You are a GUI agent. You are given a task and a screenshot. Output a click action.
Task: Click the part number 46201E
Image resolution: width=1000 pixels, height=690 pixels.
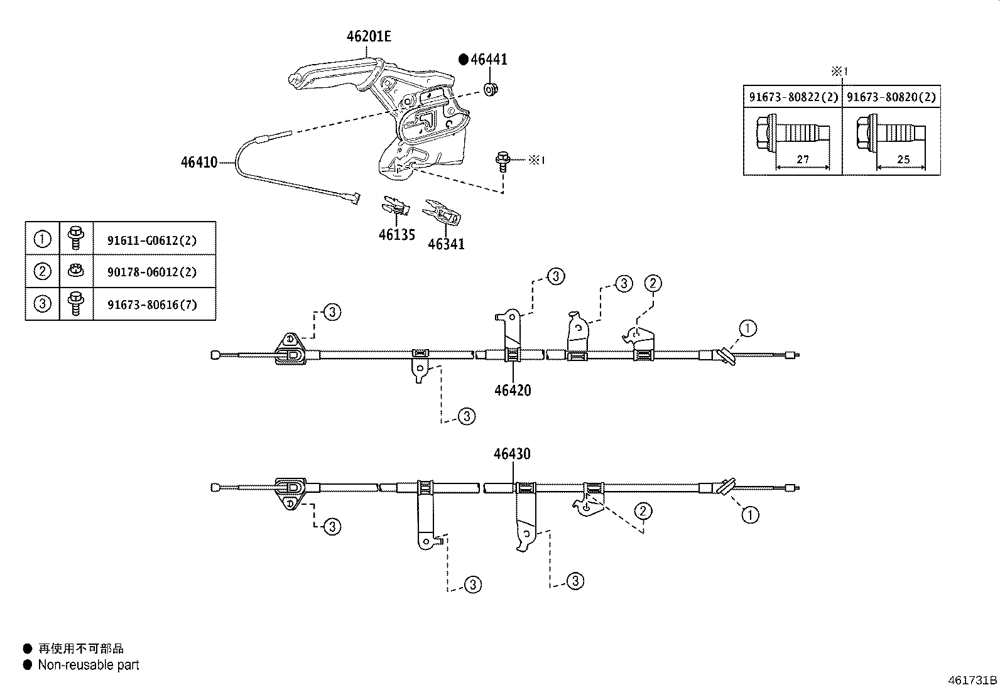(x=369, y=36)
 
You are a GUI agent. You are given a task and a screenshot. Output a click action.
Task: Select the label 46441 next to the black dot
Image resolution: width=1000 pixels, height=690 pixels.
(x=489, y=60)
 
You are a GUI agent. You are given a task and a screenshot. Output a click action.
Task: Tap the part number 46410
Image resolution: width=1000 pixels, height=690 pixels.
(x=199, y=162)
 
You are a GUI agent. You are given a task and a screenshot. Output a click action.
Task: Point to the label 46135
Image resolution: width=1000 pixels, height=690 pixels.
(x=396, y=235)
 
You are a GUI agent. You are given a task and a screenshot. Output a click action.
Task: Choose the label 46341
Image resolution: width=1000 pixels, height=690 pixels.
(x=446, y=244)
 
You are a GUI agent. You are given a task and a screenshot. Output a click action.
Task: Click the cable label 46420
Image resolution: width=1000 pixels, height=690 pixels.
(x=513, y=390)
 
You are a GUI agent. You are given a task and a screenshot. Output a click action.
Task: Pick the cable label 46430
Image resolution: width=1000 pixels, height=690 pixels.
(x=512, y=453)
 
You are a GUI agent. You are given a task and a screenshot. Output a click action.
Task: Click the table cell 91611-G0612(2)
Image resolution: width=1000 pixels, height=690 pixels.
(x=152, y=239)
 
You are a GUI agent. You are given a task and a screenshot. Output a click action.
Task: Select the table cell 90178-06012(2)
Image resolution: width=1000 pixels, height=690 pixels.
(x=152, y=272)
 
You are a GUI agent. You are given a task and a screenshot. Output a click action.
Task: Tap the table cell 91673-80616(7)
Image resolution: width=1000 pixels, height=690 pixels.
(x=152, y=305)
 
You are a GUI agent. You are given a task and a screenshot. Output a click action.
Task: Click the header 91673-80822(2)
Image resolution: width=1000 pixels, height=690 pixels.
(x=793, y=97)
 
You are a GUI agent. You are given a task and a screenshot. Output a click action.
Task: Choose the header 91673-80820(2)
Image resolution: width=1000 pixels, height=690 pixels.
(x=891, y=97)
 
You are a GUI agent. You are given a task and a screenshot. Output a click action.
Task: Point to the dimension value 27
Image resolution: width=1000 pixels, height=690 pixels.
(x=803, y=159)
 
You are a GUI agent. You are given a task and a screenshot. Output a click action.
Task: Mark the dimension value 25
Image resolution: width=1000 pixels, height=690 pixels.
(x=903, y=159)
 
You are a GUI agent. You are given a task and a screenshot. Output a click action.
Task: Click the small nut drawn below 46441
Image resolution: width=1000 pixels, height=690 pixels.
(x=491, y=89)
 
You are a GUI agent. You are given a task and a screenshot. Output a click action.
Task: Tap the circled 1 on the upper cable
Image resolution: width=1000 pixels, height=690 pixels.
(x=747, y=328)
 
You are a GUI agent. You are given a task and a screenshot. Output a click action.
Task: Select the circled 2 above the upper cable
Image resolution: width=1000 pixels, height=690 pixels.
(x=653, y=283)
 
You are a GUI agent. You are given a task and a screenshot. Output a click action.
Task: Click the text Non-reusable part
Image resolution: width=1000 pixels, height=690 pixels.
(x=89, y=665)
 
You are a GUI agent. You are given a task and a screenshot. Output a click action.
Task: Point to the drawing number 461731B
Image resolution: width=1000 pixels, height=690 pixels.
(x=972, y=680)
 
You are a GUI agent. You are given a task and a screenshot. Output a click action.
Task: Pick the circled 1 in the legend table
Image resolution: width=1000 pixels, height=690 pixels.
(x=42, y=239)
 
